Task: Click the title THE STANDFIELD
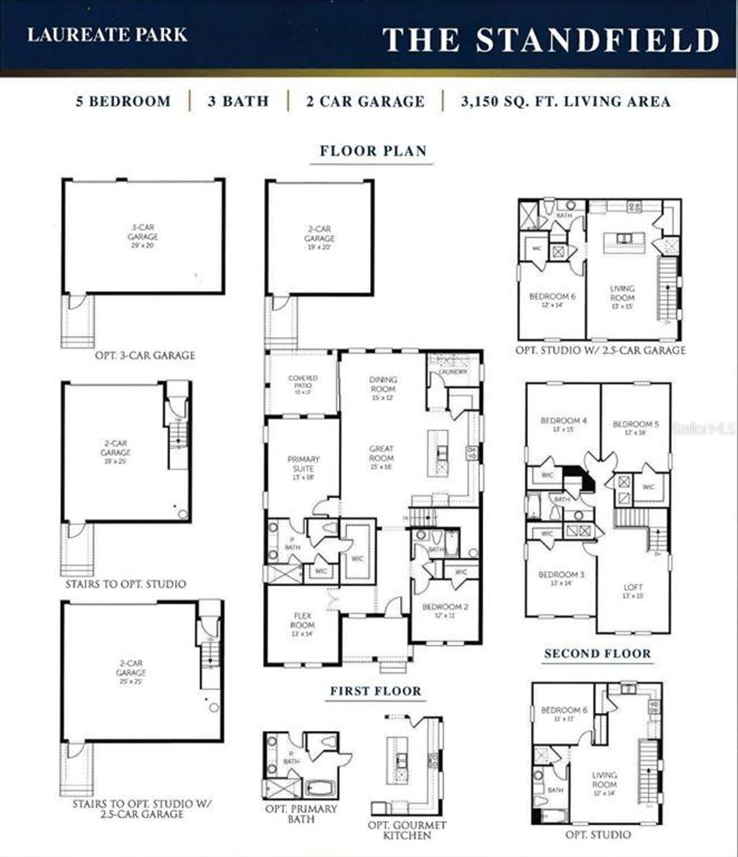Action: click(x=551, y=39)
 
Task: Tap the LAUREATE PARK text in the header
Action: click(x=108, y=35)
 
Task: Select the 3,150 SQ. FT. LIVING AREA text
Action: click(x=566, y=102)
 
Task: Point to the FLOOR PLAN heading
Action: click(x=373, y=151)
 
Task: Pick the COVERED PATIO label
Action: click(x=303, y=382)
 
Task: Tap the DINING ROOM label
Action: click(x=383, y=384)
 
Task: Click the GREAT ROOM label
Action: click(x=381, y=453)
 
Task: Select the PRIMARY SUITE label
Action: click(x=303, y=464)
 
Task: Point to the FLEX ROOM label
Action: click(x=302, y=621)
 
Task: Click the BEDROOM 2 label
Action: click(x=445, y=607)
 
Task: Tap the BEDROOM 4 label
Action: click(x=563, y=421)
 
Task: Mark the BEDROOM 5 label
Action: click(x=635, y=424)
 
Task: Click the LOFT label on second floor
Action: click(x=632, y=587)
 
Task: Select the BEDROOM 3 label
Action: click(x=561, y=575)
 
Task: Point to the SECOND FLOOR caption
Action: click(x=597, y=654)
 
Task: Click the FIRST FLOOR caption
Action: click(x=375, y=691)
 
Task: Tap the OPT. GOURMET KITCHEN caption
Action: click(x=407, y=830)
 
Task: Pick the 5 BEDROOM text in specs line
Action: click(x=123, y=102)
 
